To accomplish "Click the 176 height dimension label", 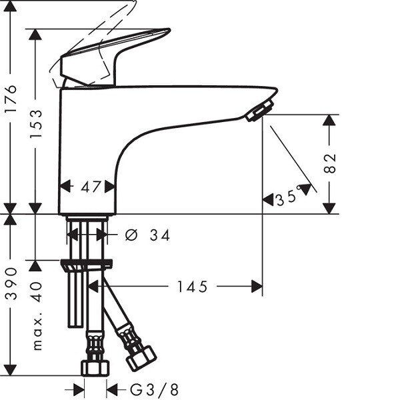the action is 11,99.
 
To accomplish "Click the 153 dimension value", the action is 36,124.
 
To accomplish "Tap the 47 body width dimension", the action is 91,187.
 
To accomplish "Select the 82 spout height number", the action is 329,164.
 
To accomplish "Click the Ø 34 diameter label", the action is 147,235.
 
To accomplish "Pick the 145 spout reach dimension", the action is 193,287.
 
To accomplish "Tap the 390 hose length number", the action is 11,283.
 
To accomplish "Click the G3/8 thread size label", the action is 154,390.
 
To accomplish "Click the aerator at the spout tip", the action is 260,111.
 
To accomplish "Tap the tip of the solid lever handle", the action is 169,29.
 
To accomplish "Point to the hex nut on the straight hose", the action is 95,368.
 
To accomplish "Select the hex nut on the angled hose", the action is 142,358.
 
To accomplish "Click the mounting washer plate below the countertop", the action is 86,264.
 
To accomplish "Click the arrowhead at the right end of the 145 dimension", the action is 257,286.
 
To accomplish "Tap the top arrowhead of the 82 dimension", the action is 329,120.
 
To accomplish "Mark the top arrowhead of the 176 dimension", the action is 10,6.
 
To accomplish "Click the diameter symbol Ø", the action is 131,235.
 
